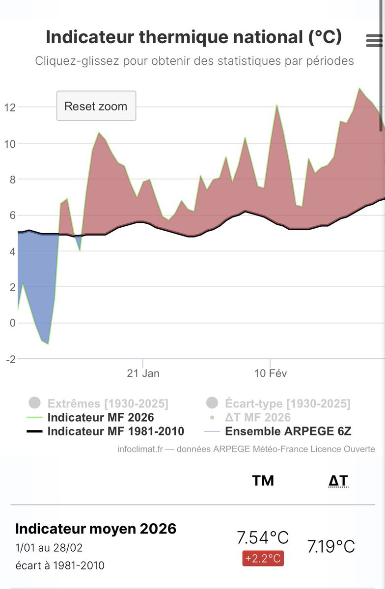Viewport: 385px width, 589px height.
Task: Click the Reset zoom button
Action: pos(96,106)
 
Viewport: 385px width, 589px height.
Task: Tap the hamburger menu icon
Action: pos(374,41)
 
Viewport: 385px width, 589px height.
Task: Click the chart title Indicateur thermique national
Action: pos(193,37)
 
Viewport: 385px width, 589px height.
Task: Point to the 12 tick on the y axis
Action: pos(10,107)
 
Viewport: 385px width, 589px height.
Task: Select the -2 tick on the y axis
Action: pos(10,359)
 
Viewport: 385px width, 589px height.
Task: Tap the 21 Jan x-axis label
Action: pos(143,373)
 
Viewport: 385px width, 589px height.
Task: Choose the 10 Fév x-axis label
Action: pos(270,373)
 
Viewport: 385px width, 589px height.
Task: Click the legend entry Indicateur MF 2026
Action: pos(100,418)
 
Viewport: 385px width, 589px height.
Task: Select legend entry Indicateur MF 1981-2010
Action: pos(115,431)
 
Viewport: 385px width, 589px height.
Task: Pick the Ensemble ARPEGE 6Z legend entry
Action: pos(288,431)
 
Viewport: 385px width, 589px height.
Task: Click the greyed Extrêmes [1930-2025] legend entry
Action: pos(108,403)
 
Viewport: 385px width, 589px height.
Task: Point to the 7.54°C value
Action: pos(262,537)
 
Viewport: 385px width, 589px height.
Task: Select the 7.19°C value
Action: pos(331,546)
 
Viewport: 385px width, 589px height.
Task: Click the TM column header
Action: pos(263,481)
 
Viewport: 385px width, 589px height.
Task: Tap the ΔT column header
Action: pos(338,481)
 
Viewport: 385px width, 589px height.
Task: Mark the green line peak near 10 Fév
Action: pos(276,105)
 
